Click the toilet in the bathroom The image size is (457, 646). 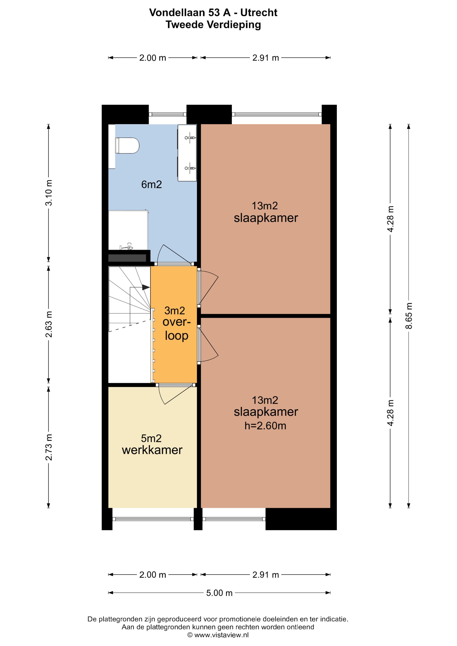coord(127,146)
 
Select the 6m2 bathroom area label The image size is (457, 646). coord(151,185)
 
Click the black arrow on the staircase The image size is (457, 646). coord(146,287)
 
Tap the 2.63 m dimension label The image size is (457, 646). coord(49,324)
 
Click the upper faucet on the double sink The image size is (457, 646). coord(190,138)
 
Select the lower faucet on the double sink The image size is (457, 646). coord(190,168)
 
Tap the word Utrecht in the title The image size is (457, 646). coord(259,13)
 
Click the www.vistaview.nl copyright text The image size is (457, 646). coord(218,635)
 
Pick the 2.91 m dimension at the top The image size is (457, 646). coord(265,58)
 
